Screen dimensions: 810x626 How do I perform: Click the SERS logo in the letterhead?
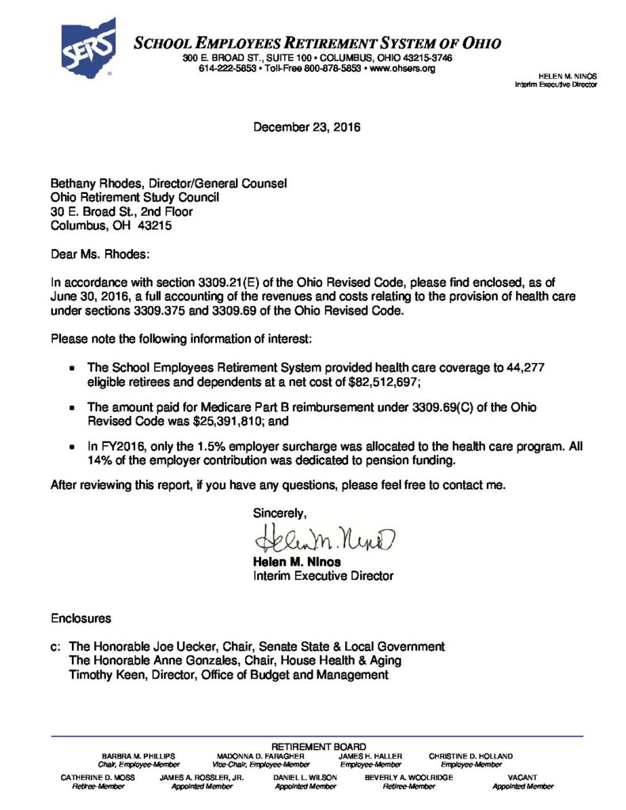[89, 47]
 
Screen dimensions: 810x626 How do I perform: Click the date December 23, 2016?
[306, 127]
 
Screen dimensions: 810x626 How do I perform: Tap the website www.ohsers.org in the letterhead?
[403, 69]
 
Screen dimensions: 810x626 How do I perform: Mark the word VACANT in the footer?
[523, 778]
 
